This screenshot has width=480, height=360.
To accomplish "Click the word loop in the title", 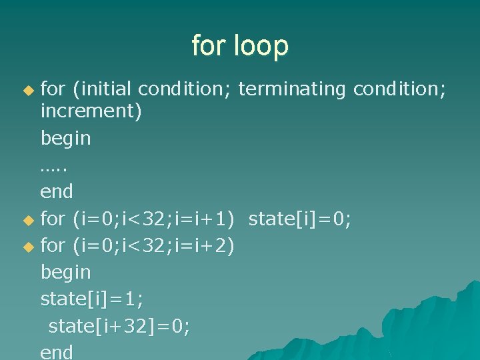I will pyautogui.click(x=263, y=46).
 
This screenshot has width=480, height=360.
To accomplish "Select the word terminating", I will pyautogui.click(x=291, y=87).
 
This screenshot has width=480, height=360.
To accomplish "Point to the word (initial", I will pyautogui.click(x=102, y=87).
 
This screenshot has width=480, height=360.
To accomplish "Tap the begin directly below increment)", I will pyautogui.click(x=66, y=139).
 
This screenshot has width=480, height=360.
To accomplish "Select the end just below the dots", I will pyautogui.click(x=57, y=192).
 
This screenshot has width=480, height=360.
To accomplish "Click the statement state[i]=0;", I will pyautogui.click(x=300, y=219).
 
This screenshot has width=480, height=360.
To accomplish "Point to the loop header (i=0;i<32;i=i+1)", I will pyautogui.click(x=154, y=219).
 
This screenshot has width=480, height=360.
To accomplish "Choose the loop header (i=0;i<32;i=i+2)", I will pyautogui.click(x=154, y=245).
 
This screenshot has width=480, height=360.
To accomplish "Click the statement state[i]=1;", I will pyautogui.click(x=92, y=299).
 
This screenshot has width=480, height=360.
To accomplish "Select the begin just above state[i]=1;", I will pyautogui.click(x=66, y=273).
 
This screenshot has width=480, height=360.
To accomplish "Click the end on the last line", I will pyautogui.click(x=57, y=351).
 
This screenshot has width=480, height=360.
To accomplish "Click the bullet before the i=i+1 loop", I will pyautogui.click(x=27, y=219).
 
